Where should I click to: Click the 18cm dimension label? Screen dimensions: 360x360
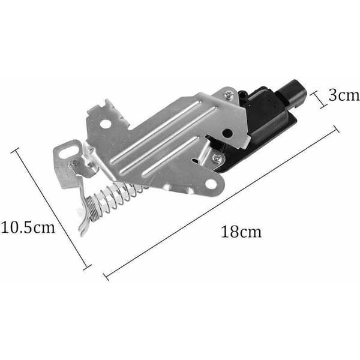coord(241,232)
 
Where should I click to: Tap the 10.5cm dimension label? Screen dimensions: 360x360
coord(28,227)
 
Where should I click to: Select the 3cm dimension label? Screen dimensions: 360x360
coord(344,95)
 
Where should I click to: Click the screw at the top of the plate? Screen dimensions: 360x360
coord(229,95)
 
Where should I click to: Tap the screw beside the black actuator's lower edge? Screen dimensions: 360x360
coord(217,158)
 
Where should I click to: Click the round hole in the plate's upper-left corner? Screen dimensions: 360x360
coord(105,124)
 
